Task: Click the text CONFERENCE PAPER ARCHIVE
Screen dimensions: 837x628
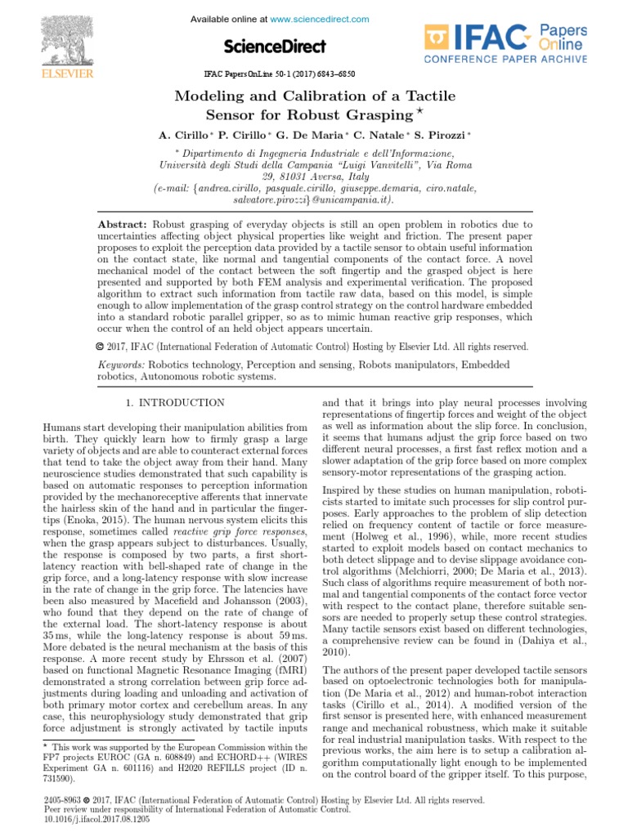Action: tap(505, 60)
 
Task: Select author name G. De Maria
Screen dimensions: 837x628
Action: tap(313, 134)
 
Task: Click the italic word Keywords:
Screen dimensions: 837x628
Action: tap(122, 365)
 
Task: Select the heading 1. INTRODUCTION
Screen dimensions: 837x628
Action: tap(174, 403)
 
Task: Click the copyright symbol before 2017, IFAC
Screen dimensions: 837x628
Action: tap(101, 347)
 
